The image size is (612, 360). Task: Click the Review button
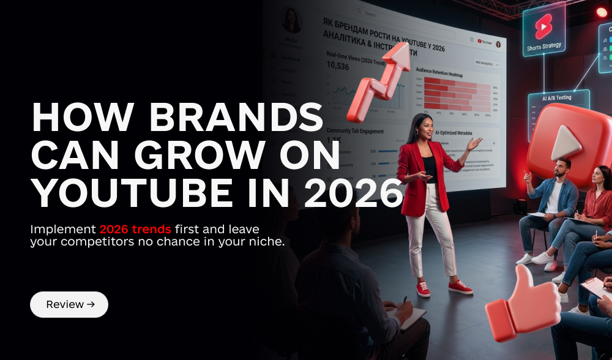coord(69,304)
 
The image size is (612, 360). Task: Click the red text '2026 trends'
coord(135,230)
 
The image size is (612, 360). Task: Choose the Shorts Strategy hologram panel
coord(543,32)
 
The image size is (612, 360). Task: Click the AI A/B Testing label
coord(558,99)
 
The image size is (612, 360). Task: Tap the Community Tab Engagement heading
coord(355,131)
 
